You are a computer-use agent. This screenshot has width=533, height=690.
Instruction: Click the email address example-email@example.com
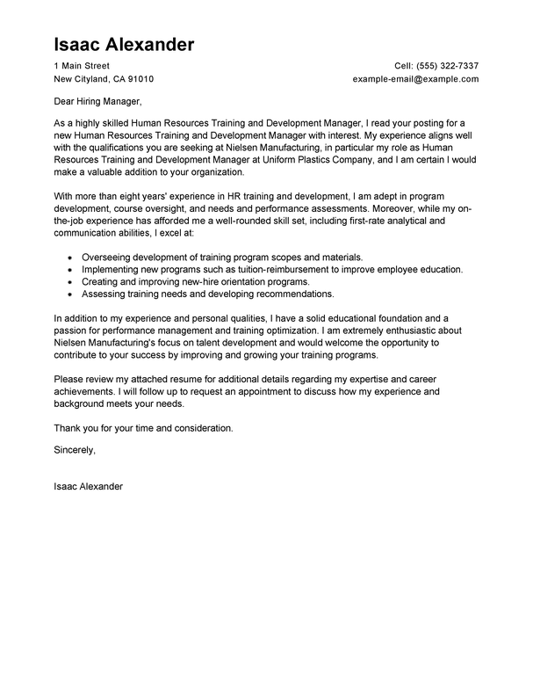(x=415, y=78)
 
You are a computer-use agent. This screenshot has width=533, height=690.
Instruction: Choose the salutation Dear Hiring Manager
(x=97, y=102)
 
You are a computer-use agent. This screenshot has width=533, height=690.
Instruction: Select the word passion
(x=73, y=330)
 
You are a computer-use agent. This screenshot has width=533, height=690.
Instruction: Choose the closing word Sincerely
(x=74, y=450)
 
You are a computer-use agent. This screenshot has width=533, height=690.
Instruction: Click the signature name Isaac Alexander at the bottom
(x=89, y=484)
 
